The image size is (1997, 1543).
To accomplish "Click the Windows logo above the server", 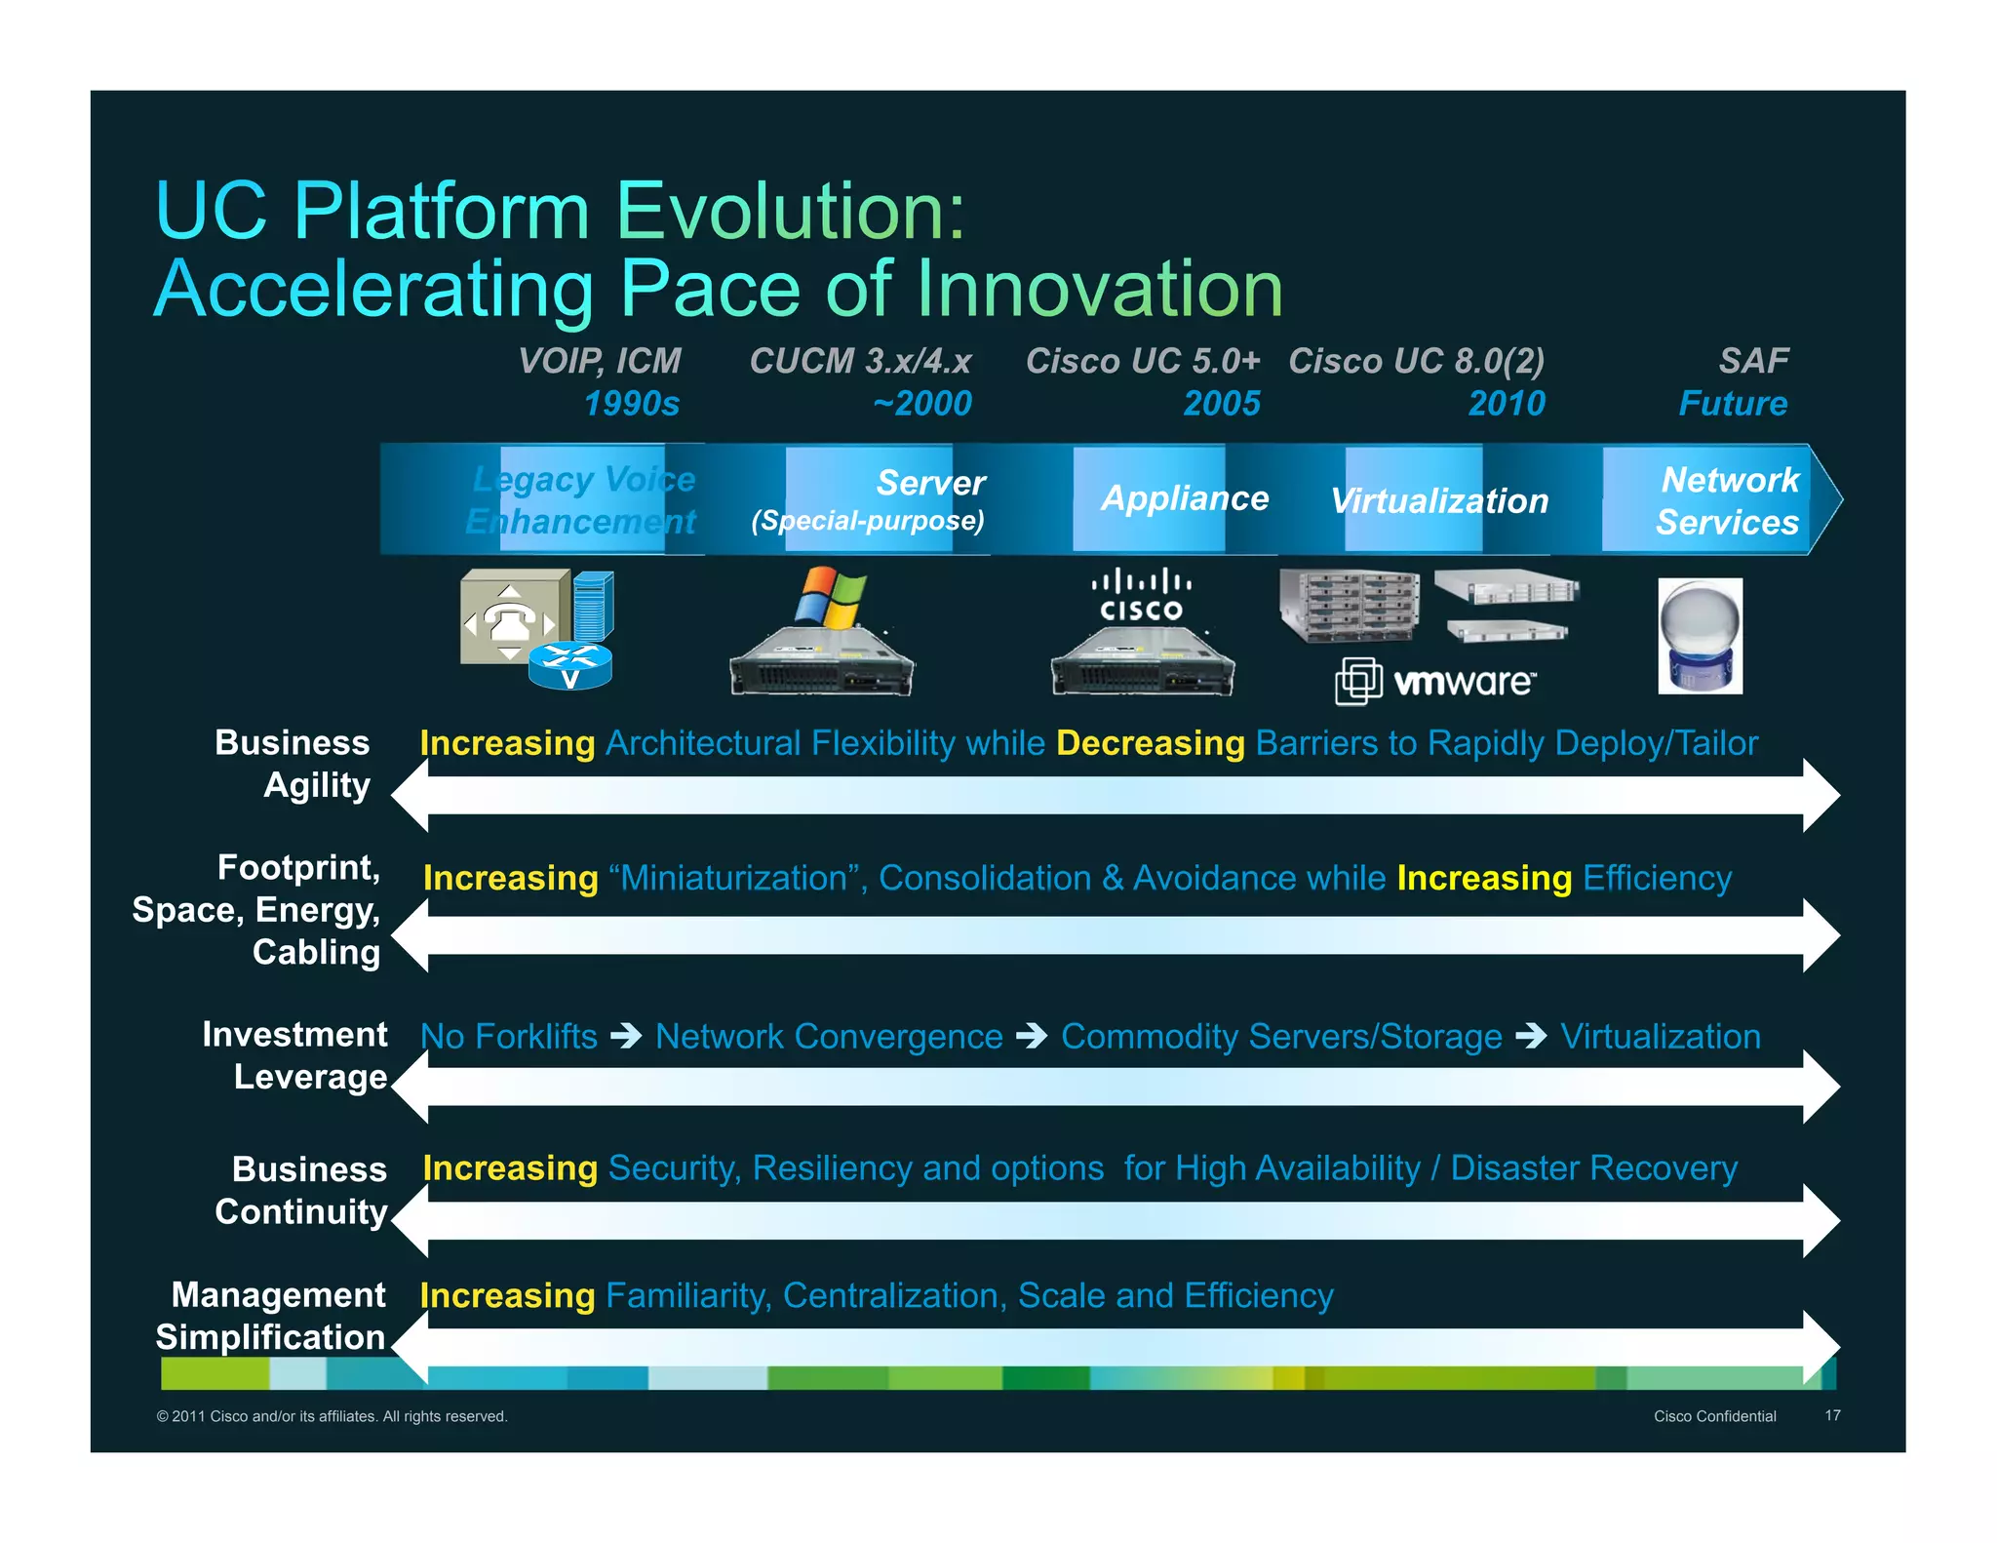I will click(829, 598).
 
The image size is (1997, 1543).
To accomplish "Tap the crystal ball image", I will click(1700, 636).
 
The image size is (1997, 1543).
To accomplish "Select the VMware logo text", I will click(1463, 681).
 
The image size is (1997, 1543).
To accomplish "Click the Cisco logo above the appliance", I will click(1141, 596).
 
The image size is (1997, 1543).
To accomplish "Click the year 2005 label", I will click(1221, 403).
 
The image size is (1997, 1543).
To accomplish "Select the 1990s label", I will click(631, 403).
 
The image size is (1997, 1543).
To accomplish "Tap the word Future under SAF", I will click(1733, 403).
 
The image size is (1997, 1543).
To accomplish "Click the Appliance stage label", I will click(1184, 498).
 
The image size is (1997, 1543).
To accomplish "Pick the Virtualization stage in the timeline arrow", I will click(1439, 500).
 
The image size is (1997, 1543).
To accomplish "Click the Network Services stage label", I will click(1728, 500).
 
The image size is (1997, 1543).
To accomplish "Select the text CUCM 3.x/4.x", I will click(860, 361).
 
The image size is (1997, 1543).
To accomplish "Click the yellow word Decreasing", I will click(1150, 743).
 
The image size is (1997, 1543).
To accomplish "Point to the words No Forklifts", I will click(509, 1036).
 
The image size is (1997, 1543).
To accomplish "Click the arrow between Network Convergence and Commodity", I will click(1031, 1036).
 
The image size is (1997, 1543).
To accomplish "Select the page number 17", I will click(1832, 1415).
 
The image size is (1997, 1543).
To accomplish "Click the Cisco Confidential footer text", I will click(1714, 1416).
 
